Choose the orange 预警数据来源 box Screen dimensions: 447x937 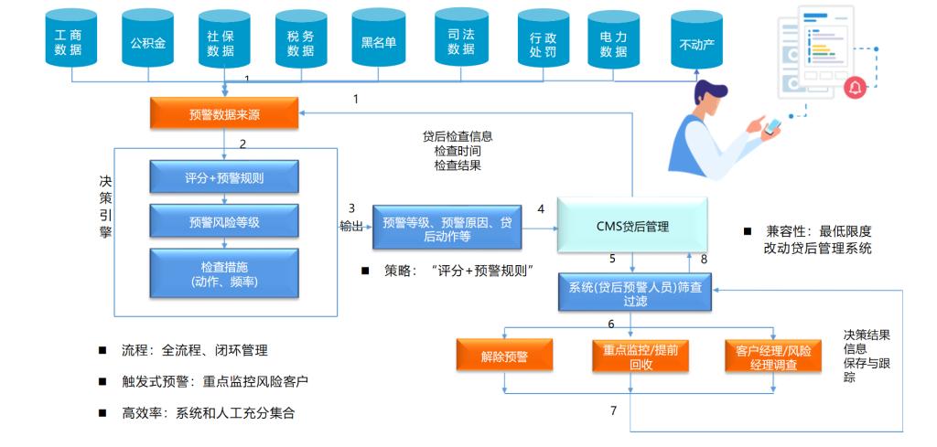point(223,114)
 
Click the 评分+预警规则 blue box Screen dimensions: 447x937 point(224,178)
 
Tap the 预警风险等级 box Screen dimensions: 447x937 point(224,222)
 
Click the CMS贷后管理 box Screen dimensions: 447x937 point(632,227)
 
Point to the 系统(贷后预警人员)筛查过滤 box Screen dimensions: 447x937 point(634,293)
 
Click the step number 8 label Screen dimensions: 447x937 point(704,260)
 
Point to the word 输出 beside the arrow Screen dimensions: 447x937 point(350,226)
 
